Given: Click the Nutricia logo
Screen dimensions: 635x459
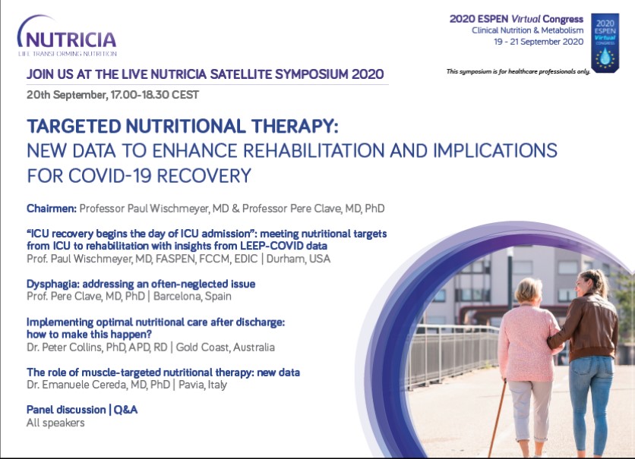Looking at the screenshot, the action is coord(67,36).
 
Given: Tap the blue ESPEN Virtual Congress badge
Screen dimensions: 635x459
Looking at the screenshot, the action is coord(605,43).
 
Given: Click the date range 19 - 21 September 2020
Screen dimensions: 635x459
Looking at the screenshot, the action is coord(539,42).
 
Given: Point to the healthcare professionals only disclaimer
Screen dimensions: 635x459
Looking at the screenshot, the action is coord(518,71).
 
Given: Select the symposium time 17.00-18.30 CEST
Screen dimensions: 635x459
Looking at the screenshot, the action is coord(155,95).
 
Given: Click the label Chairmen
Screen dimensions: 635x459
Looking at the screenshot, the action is coord(52,209).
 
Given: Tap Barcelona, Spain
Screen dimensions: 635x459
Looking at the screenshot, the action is coord(192,297).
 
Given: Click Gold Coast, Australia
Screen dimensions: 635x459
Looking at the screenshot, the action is coord(225,347).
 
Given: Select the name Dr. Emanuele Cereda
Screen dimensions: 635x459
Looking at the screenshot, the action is coord(77,385).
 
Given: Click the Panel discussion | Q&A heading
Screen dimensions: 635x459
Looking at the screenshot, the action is coord(82,410).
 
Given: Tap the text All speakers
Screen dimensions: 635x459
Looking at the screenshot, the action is coord(55,423).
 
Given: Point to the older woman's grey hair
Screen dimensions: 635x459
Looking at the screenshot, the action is coord(528,290).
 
